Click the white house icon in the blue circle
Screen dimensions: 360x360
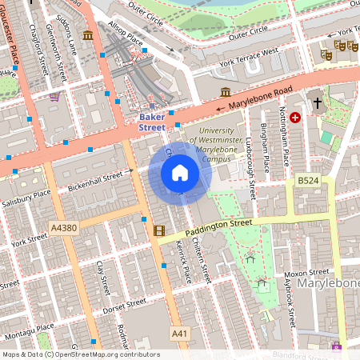pyautogui.click(x=180, y=173)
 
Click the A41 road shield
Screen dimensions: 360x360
pyautogui.click(x=180, y=332)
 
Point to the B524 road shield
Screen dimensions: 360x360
pyautogui.click(x=309, y=182)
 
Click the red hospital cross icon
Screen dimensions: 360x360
pyautogui.click(x=296, y=118)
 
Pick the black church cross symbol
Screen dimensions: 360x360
pyautogui.click(x=317, y=103)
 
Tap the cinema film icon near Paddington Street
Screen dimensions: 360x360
pyautogui.click(x=159, y=231)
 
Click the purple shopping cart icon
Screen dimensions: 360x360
pyautogui.click(x=54, y=97)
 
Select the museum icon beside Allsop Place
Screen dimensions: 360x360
pyautogui.click(x=87, y=34)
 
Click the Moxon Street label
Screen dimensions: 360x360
pyautogui.click(x=306, y=272)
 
